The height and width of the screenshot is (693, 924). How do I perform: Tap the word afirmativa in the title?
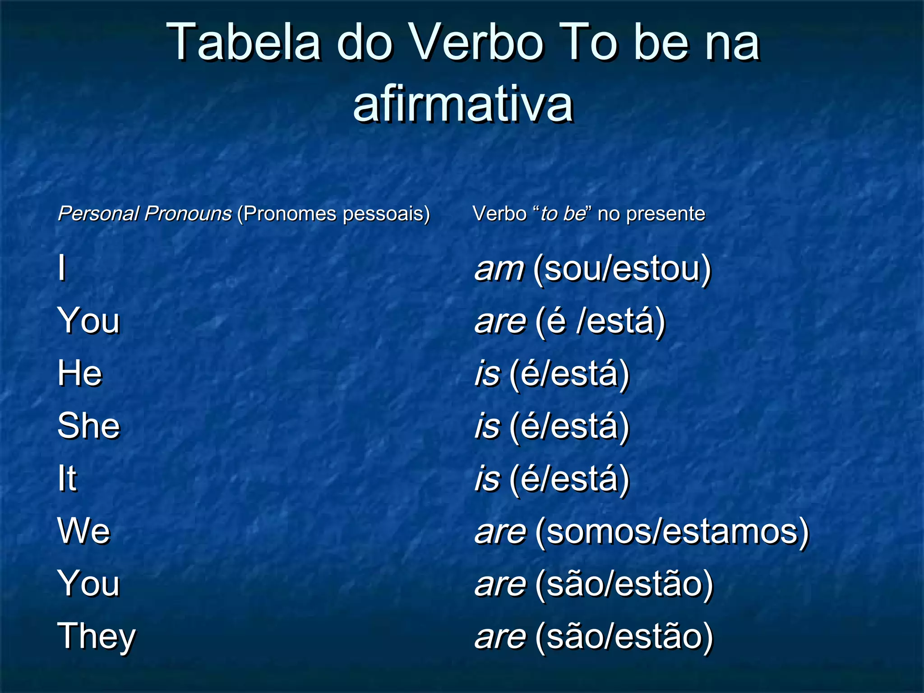click(463, 105)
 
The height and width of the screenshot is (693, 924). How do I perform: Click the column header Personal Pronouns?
click(145, 213)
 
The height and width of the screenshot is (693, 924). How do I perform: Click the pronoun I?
click(62, 268)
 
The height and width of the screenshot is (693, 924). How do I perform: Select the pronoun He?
click(80, 374)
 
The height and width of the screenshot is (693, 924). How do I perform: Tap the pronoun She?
click(89, 426)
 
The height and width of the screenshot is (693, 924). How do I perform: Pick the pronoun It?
click(67, 478)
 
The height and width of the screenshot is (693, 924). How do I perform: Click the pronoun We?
click(84, 531)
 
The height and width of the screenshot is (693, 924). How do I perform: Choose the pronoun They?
click(97, 636)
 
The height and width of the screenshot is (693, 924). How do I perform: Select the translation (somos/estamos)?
click(672, 532)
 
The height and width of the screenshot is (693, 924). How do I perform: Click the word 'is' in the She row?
click(488, 426)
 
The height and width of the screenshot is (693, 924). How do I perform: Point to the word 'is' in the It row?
click(488, 479)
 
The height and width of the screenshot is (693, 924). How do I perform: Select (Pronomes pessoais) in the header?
click(333, 213)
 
